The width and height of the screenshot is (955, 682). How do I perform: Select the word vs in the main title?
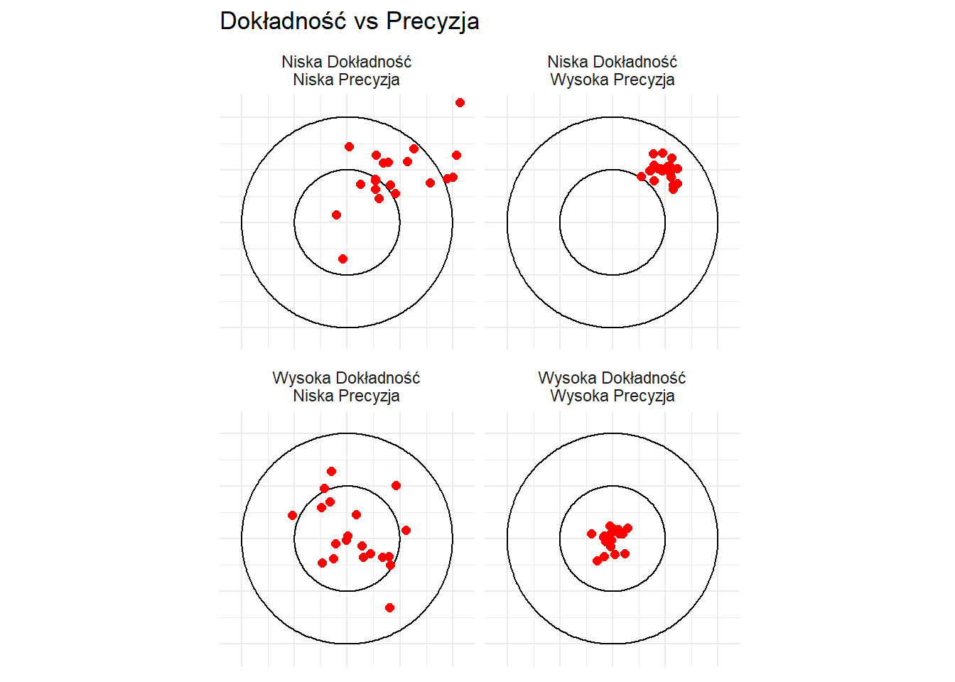pyautogui.click(x=366, y=23)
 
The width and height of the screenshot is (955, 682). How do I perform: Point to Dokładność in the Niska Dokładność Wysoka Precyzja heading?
pyautogui.click(x=635, y=62)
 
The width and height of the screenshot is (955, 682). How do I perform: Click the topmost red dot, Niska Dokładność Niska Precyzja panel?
pyautogui.click(x=460, y=103)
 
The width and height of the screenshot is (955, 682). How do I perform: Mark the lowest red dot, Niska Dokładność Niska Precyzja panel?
pyautogui.click(x=342, y=259)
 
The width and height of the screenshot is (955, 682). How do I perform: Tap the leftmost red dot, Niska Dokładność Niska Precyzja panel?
pyautogui.click(x=336, y=215)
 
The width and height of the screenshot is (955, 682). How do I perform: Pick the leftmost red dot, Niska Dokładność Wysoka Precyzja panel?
pyautogui.click(x=641, y=176)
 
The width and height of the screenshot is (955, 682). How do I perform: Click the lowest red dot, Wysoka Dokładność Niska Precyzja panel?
pyautogui.click(x=389, y=608)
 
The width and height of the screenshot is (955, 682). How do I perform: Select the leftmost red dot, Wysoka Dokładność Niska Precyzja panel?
pyautogui.click(x=292, y=516)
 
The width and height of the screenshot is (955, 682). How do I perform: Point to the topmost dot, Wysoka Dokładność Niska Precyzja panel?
pyautogui.click(x=332, y=472)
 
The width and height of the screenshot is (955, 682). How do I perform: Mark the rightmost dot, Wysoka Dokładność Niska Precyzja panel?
pyautogui.click(x=406, y=530)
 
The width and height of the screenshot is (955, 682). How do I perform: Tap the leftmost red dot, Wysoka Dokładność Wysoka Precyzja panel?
pyautogui.click(x=591, y=534)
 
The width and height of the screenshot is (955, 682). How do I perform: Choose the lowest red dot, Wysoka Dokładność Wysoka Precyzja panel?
pyautogui.click(x=598, y=561)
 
